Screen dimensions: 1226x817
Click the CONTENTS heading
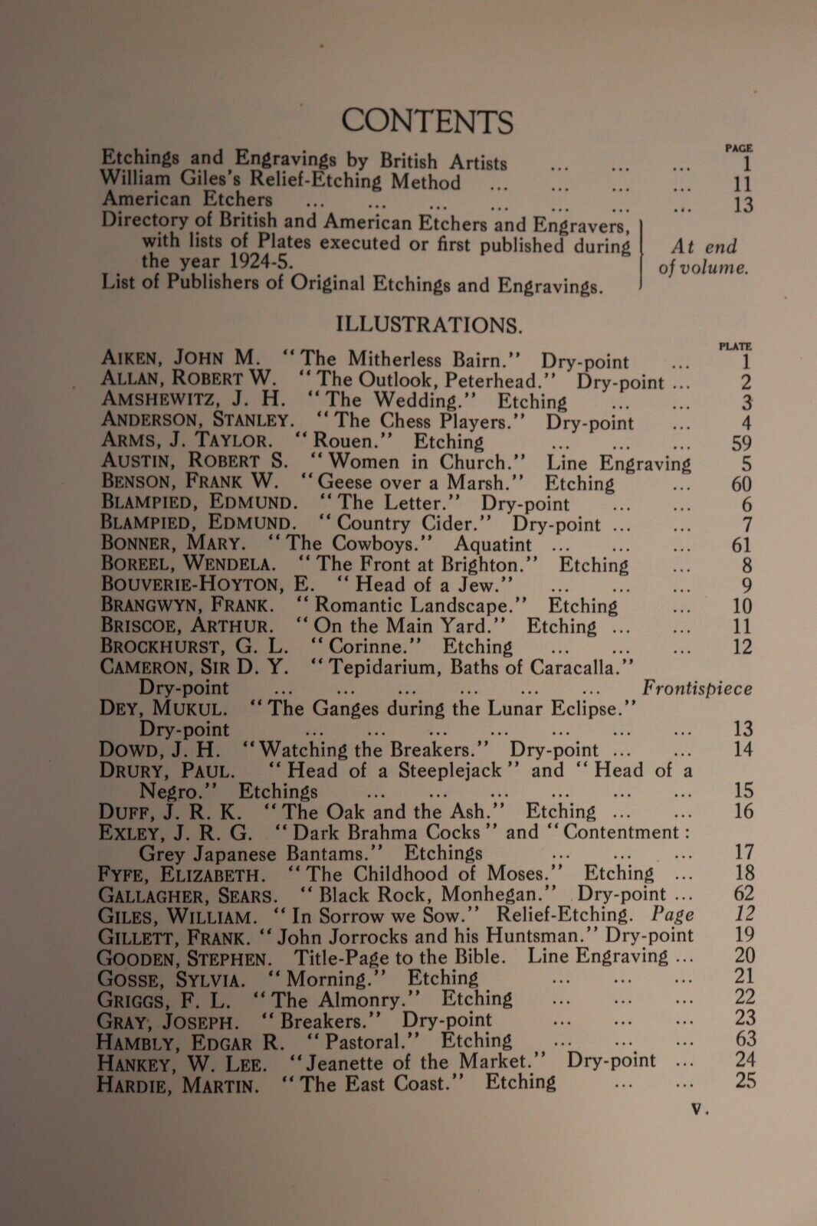(427, 121)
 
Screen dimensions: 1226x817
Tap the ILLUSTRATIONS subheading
(429, 324)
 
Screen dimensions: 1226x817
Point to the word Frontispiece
(697, 687)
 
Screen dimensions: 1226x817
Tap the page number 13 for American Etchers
(742, 205)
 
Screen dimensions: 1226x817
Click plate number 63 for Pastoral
(743, 1040)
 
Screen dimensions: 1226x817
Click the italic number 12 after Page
(744, 914)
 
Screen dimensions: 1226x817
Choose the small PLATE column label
(736, 346)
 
